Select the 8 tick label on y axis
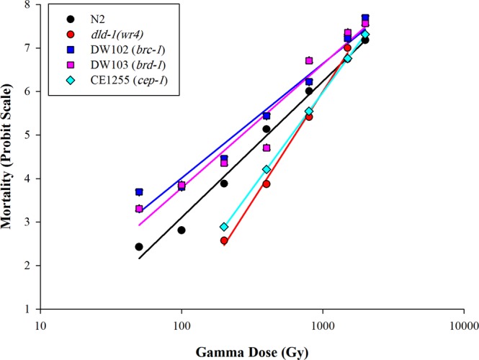pyautogui.click(x=27, y=5)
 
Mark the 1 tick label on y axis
pyautogui.click(x=27, y=309)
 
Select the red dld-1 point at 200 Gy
pyautogui.click(x=224, y=240)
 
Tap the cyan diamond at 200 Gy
pyautogui.click(x=224, y=227)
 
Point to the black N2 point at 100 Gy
pyautogui.click(x=182, y=230)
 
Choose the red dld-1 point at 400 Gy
pyautogui.click(x=267, y=184)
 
